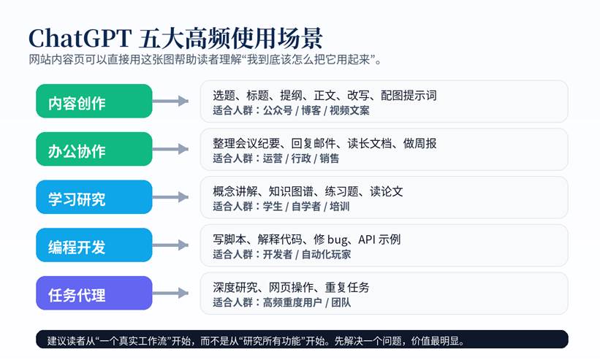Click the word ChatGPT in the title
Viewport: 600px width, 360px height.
[80, 38]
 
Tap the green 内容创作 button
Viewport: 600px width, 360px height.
[94, 102]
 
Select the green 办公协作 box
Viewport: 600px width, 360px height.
[94, 149]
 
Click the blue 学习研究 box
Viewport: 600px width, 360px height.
[94, 197]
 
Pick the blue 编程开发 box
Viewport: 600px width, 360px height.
[94, 245]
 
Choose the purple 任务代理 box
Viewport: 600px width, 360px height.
[94, 293]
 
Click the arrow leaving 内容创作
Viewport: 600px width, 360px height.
[171, 102]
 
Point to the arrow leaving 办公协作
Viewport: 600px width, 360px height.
[171, 149]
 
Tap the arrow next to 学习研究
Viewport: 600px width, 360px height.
[171, 197]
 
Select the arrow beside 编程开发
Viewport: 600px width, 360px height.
[171, 245]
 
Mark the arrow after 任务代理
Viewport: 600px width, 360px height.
[171, 293]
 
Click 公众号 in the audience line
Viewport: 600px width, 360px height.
[278, 110]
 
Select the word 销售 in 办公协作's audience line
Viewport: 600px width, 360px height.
[329, 158]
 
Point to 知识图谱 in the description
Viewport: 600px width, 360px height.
[291, 191]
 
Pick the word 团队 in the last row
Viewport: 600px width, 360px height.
[341, 302]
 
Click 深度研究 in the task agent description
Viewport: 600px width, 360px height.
[235, 288]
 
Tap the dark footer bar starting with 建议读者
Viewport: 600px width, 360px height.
[302, 340]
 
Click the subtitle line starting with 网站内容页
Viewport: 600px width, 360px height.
[205, 60]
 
